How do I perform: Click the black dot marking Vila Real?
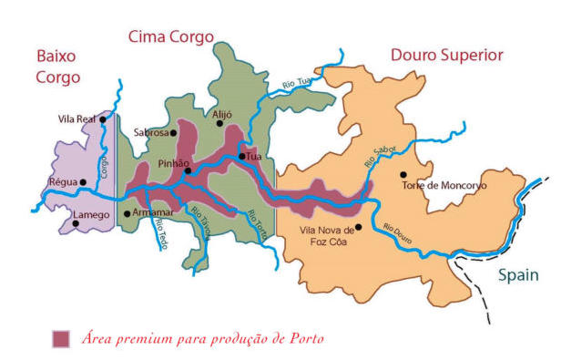[103, 119]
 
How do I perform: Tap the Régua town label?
[62, 182]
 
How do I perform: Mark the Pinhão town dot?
[188, 170]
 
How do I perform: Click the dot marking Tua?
[241, 157]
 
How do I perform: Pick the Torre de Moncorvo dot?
[402, 174]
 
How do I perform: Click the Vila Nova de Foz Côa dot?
[358, 227]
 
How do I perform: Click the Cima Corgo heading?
[171, 36]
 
